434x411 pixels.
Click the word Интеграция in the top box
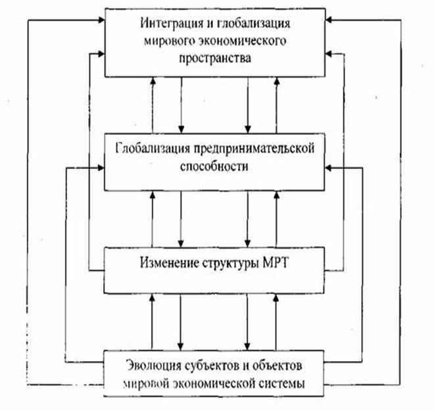point(172,24)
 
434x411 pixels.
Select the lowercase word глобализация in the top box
point(253,24)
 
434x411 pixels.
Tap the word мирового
point(164,41)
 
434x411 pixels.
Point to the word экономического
point(237,41)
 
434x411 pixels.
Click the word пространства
point(215,59)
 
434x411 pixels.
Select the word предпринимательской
point(254,149)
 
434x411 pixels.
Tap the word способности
point(214,166)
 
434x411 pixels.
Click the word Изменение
point(170,262)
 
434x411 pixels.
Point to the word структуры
point(231,263)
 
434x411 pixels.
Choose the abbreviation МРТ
point(275,262)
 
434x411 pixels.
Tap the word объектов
point(277,366)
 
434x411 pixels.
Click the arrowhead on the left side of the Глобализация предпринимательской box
point(101,168)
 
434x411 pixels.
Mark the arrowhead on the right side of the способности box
point(328,168)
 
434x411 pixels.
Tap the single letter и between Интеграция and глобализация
point(210,24)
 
